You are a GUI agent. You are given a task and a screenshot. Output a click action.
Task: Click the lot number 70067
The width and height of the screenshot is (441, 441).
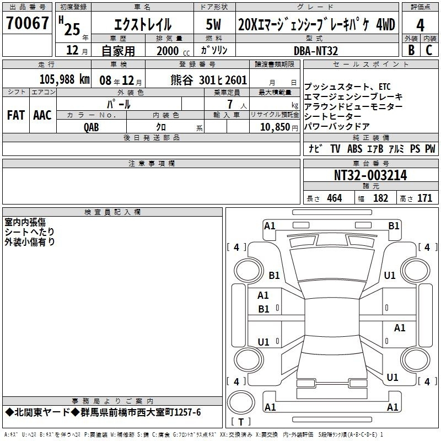click(27, 23)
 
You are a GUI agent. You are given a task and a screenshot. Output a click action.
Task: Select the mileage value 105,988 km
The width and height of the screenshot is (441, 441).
click(64, 79)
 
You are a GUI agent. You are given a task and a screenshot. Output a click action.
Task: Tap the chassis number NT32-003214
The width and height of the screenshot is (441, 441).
click(370, 175)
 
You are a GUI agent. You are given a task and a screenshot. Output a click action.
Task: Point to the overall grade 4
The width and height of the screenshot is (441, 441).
click(420, 25)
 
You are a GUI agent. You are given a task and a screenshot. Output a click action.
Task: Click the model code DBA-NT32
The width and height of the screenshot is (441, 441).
click(315, 51)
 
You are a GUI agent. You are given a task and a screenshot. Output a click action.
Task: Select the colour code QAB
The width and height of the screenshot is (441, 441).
click(92, 127)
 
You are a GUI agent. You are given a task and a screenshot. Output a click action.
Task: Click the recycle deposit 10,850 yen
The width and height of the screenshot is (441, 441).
click(279, 127)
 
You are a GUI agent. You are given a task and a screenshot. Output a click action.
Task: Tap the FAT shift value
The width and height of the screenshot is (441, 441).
click(16, 115)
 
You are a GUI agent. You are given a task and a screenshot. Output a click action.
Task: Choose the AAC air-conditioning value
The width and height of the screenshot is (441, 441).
click(42, 115)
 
